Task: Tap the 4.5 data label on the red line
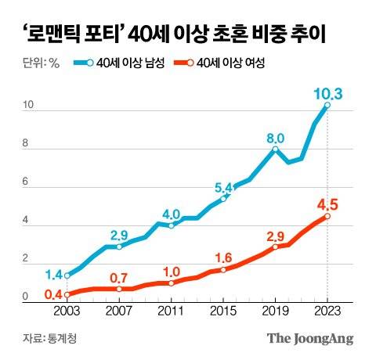tap(327, 206)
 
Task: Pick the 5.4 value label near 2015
tap(225, 188)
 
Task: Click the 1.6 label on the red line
tap(224, 258)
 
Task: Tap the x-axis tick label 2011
tap(171, 311)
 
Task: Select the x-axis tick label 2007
tap(118, 311)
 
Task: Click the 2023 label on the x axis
tap(327, 311)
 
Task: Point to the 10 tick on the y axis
tap(28, 106)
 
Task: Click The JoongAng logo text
tap(310, 338)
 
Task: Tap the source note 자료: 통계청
tap(50, 338)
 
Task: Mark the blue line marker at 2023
tap(327, 106)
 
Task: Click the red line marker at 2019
tap(275, 247)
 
